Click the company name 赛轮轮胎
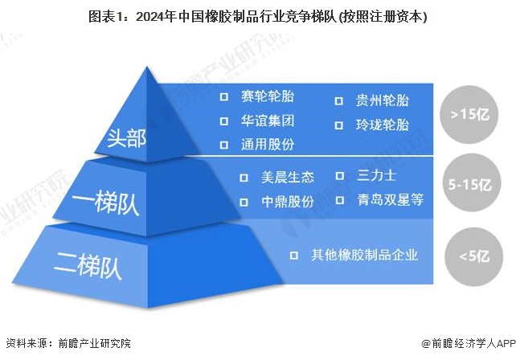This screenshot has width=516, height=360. click(x=267, y=97)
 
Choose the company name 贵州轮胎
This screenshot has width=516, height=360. click(x=382, y=101)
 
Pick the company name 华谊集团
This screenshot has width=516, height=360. click(x=267, y=121)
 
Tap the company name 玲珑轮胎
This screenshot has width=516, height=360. click(x=382, y=125)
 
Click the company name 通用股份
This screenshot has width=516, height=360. click(x=267, y=145)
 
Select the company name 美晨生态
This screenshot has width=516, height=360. click(x=287, y=177)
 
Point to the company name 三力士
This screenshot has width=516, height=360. click(x=376, y=175)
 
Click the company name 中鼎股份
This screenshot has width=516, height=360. click(x=287, y=201)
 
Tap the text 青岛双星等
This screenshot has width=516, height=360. click(x=390, y=199)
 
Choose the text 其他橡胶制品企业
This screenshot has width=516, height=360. click(x=365, y=256)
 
